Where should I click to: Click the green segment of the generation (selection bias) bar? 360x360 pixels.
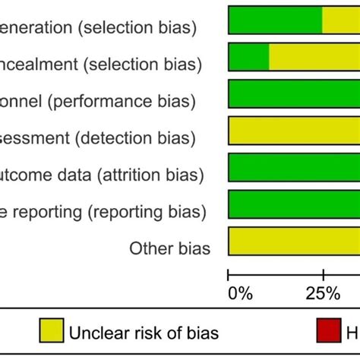tap(275, 20)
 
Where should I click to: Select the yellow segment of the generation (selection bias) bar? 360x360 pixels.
tap(341, 20)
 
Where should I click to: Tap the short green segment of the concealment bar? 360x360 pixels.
tap(248, 57)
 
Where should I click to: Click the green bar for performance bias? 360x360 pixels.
tap(294, 93)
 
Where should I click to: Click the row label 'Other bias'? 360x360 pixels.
tap(170, 248)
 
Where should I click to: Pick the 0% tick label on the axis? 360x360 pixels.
tap(239, 293)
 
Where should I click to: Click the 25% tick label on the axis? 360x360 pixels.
tap(324, 293)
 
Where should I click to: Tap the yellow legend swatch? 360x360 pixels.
tap(50, 331)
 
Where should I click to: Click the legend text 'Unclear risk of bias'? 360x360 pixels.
tap(144, 332)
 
